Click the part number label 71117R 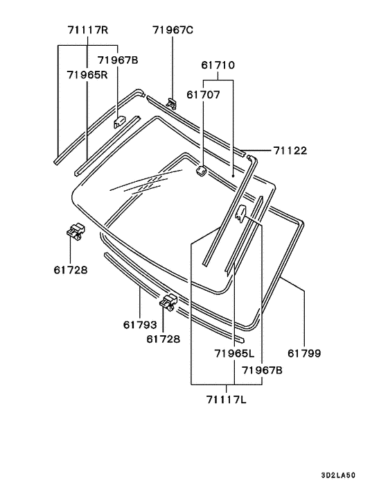tap(88, 30)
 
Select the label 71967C tap(173, 30)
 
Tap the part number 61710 tap(218, 65)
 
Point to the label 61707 tap(204, 94)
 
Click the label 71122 tap(290, 151)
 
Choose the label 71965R tap(87, 75)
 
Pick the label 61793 tap(140, 325)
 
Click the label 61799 tap(304, 353)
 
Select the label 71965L tap(235, 353)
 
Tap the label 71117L tap(226, 399)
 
